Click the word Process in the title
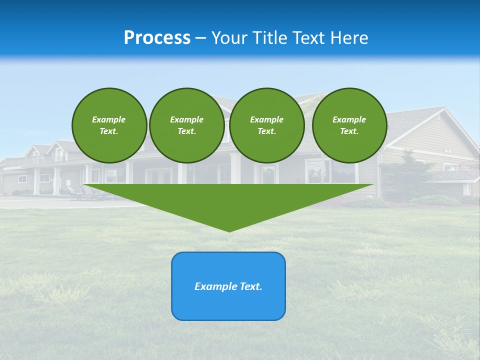click(157, 38)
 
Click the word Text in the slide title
click(309, 38)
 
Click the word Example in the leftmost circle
click(109, 119)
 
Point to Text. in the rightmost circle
click(349, 131)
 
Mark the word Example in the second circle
click(186, 119)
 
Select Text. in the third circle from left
click(267, 131)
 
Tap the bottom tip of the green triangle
click(229, 230)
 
